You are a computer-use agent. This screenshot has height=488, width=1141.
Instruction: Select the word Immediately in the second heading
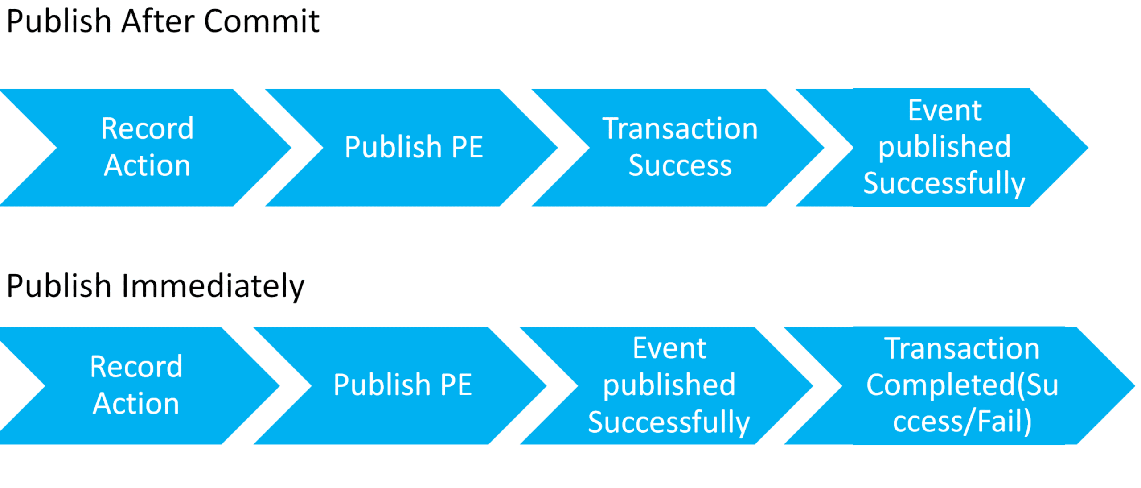(x=213, y=286)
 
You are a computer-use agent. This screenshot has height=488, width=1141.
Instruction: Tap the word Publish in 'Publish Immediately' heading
(x=59, y=286)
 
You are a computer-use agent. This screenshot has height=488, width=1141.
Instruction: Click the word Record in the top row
(x=147, y=129)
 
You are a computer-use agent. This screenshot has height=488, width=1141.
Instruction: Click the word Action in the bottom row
(x=136, y=404)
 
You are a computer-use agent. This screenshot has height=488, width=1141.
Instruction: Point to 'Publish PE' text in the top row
(x=414, y=147)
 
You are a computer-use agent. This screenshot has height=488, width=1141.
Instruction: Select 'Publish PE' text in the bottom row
(x=402, y=385)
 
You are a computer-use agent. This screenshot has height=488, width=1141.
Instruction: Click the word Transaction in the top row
(x=680, y=129)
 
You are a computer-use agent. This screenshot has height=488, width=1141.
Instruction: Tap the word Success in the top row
(x=680, y=165)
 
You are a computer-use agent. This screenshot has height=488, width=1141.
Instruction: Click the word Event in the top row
(x=944, y=111)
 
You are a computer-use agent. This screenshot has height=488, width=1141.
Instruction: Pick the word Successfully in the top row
(x=944, y=183)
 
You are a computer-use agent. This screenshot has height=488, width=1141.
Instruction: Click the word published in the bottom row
(x=669, y=385)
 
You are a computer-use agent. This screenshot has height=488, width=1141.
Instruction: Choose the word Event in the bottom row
(x=669, y=348)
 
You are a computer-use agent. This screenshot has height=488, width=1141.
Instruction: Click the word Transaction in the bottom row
(x=962, y=348)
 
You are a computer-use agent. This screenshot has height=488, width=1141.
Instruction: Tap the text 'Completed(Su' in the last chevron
(x=962, y=385)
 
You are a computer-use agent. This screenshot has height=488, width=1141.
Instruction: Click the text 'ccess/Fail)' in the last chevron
(x=962, y=421)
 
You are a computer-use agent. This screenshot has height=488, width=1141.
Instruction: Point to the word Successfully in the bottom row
(x=669, y=422)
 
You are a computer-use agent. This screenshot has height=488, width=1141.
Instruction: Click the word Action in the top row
(x=147, y=165)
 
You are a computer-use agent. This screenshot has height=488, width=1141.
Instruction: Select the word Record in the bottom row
(x=136, y=367)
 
